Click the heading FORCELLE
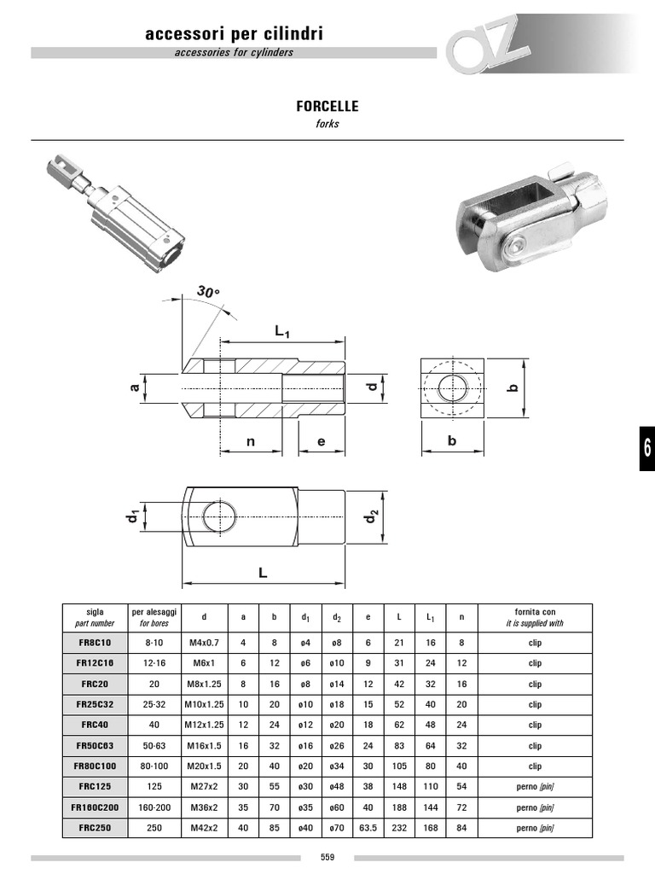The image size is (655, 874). tap(327, 107)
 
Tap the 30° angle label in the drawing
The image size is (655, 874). tap(207, 292)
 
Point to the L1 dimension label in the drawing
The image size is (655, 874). tap(282, 332)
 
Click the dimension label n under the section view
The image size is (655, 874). tap(250, 441)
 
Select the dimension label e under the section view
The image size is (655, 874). tap(321, 441)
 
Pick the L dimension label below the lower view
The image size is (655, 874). tap(263, 574)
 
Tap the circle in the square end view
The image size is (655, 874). tap(452, 387)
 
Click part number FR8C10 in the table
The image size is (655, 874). tap(94, 643)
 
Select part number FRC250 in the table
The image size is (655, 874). tap(94, 828)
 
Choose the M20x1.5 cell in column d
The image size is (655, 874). tap(204, 766)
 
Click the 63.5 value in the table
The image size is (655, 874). tap(368, 828)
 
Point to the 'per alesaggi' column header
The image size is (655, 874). tap(154, 617)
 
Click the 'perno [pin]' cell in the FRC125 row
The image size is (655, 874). tap(535, 787)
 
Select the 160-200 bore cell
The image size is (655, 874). tap(154, 807)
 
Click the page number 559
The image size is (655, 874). tap(327, 857)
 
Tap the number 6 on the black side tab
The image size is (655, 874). tap(646, 448)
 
